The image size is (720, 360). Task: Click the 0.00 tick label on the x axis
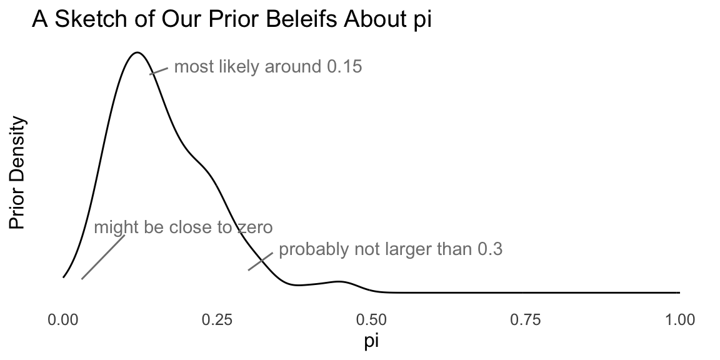(x=63, y=321)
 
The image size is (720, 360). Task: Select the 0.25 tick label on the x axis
(x=217, y=321)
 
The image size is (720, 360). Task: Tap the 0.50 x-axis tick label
(x=371, y=321)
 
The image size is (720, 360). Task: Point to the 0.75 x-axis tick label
(x=525, y=321)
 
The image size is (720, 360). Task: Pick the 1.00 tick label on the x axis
(x=679, y=321)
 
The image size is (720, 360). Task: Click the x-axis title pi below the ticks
(x=371, y=342)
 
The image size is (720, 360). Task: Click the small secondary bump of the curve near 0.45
(x=339, y=282)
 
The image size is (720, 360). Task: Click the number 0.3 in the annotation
(x=490, y=250)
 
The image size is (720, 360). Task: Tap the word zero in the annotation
(x=255, y=227)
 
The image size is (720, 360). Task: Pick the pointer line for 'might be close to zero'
(x=103, y=257)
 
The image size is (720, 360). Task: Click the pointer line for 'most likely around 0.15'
(x=159, y=71)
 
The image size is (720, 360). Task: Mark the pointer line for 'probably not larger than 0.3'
(x=260, y=261)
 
